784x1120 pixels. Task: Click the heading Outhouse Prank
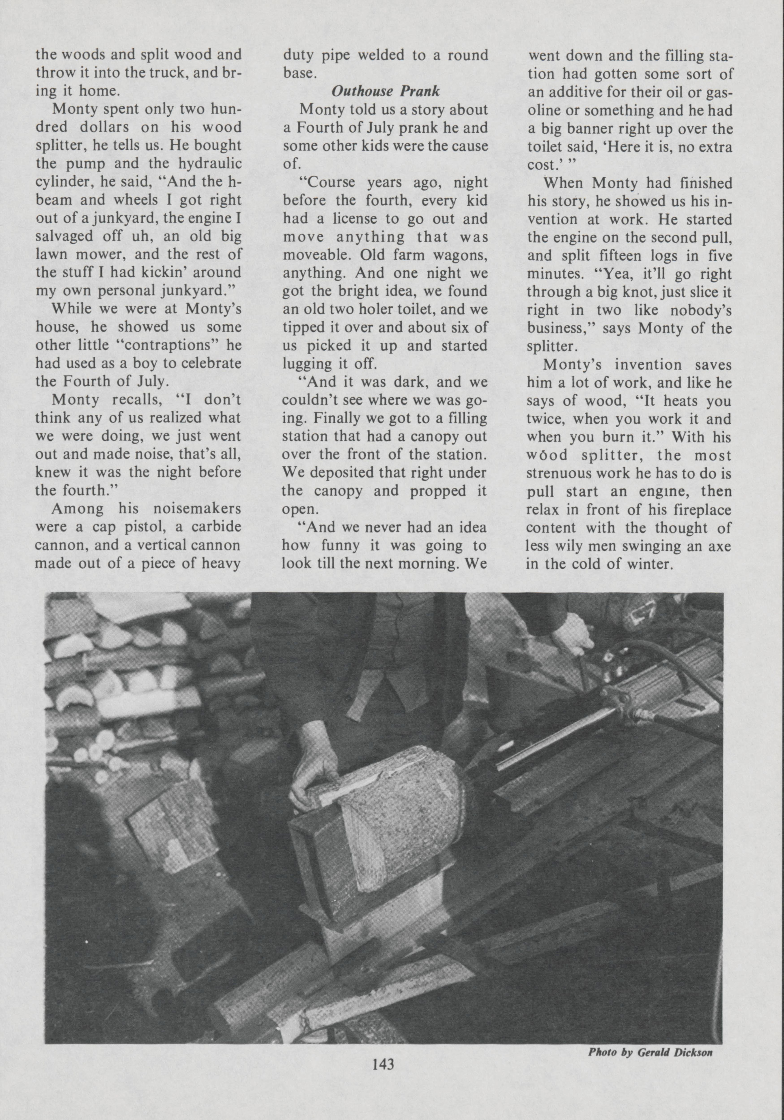(x=386, y=92)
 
